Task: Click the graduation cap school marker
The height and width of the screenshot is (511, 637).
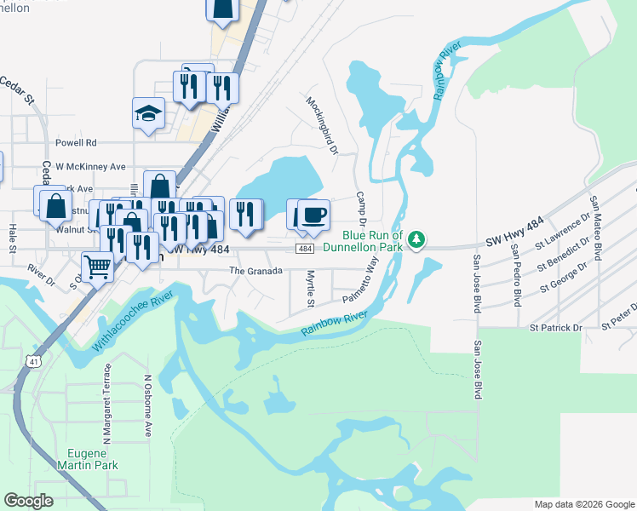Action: pyautogui.click(x=148, y=114)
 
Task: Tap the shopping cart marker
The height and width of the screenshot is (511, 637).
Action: pyautogui.click(x=98, y=265)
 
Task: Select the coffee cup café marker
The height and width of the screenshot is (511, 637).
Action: pyautogui.click(x=314, y=215)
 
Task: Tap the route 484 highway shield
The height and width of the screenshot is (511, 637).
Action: pyautogui.click(x=304, y=248)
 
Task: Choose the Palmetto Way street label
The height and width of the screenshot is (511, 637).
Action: pyautogui.click(x=360, y=287)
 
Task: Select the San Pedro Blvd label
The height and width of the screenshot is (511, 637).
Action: pyautogui.click(x=516, y=274)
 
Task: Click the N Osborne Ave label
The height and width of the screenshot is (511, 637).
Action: pyautogui.click(x=146, y=405)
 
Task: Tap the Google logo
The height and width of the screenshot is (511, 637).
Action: pyautogui.click(x=28, y=501)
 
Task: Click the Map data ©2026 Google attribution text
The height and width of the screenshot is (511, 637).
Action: pyautogui.click(x=583, y=503)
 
